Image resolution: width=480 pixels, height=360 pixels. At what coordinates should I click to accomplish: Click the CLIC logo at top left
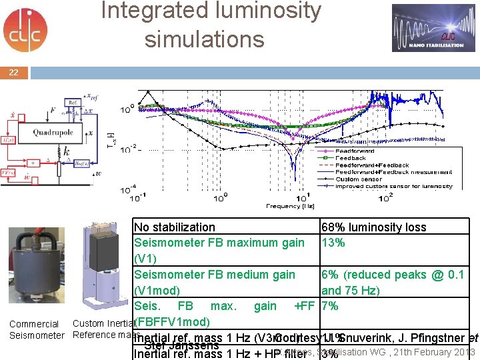tap(25, 30)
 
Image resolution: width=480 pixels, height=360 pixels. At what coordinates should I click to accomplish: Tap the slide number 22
tap(14, 73)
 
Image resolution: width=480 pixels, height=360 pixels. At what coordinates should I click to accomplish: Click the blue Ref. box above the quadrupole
tap(74, 102)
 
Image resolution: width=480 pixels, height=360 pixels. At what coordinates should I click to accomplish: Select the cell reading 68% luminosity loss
tap(373, 227)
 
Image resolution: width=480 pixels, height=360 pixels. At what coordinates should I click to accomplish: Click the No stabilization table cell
tap(175, 227)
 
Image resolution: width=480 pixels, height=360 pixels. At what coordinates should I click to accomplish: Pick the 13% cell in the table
tap(333, 243)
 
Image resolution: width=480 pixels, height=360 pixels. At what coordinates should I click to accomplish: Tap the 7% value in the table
tap(329, 306)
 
